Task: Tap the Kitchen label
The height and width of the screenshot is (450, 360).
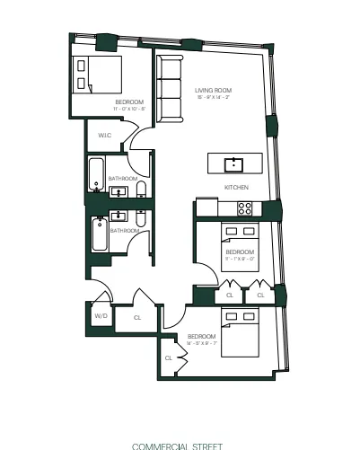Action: (x=236, y=187)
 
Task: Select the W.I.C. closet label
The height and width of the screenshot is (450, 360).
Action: (x=104, y=137)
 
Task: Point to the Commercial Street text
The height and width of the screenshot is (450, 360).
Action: (x=176, y=445)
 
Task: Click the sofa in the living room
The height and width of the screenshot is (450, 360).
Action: (x=167, y=89)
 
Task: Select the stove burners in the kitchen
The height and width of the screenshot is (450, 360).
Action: (x=244, y=207)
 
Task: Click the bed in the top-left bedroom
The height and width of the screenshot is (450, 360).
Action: (x=96, y=75)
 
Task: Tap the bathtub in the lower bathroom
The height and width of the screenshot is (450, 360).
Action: (x=99, y=233)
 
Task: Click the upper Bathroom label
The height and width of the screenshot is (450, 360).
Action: (x=123, y=179)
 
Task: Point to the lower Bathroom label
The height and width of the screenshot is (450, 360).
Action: (x=124, y=231)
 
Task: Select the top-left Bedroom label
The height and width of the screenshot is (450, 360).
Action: (x=129, y=102)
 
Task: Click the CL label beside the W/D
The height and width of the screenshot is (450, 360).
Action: (x=137, y=317)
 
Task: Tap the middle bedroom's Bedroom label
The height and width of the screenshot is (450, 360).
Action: (x=240, y=252)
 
